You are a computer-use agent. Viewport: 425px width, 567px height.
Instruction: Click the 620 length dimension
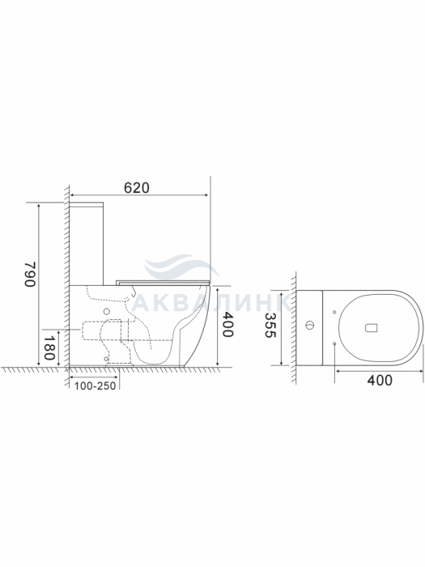[x=137, y=188]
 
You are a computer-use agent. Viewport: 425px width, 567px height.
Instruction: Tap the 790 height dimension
[x=30, y=274]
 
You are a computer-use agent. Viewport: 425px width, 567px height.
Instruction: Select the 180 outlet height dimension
[x=49, y=347]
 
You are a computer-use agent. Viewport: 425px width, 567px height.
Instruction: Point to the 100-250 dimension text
[x=96, y=386]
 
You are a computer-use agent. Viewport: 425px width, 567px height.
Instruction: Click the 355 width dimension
[x=270, y=325]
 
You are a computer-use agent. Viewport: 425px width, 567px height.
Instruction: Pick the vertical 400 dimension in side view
[x=227, y=324]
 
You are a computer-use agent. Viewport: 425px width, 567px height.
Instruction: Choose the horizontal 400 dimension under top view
[x=380, y=380]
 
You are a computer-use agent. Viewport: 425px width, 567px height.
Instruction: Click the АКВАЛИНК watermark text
[x=211, y=303]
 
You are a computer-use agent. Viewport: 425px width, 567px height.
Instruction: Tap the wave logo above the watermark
[x=181, y=266]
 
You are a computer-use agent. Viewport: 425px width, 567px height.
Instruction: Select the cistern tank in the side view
[x=87, y=244]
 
